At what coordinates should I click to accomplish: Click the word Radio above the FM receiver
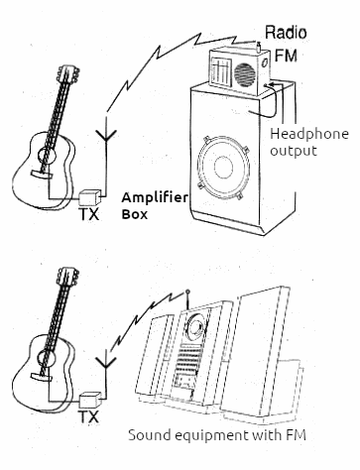(286, 33)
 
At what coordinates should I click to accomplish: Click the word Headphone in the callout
(309, 134)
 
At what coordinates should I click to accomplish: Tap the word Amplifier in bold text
(155, 197)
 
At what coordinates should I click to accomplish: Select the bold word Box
(134, 214)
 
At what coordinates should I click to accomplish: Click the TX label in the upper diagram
(89, 214)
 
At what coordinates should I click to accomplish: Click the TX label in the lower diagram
(89, 416)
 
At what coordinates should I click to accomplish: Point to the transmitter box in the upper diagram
(89, 197)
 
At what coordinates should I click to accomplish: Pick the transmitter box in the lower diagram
(89, 401)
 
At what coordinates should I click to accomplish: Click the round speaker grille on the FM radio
(245, 74)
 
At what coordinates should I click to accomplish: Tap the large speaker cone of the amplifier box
(223, 167)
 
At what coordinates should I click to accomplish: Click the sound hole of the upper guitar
(47, 155)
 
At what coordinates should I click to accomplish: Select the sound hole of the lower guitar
(47, 358)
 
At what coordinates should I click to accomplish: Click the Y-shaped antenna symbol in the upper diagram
(106, 136)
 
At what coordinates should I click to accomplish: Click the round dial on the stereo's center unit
(195, 328)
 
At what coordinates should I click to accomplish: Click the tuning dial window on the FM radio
(218, 70)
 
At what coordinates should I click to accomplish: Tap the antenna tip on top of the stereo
(187, 292)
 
